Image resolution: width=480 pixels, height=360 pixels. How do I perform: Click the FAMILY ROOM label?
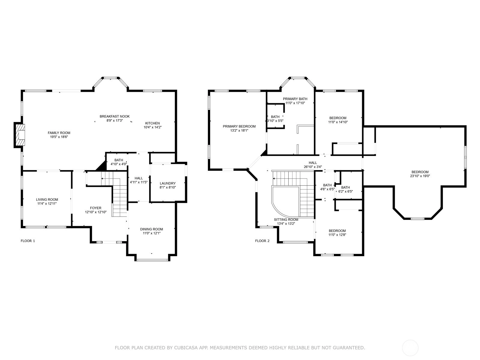click(x=59, y=133)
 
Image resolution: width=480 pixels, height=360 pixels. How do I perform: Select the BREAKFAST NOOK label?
click(x=115, y=116)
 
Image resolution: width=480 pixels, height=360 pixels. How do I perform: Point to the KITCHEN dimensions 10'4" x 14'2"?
click(x=152, y=127)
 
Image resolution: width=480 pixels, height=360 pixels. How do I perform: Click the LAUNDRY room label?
click(x=167, y=183)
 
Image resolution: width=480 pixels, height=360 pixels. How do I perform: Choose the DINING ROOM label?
click(x=151, y=229)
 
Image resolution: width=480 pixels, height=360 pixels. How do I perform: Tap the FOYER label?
click(x=96, y=208)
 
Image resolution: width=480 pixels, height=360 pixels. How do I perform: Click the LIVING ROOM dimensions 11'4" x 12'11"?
click(x=47, y=203)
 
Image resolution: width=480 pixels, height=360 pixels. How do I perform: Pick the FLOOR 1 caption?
click(x=28, y=241)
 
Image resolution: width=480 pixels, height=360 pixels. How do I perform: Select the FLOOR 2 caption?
click(x=262, y=241)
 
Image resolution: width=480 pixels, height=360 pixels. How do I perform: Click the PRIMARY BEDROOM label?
click(x=239, y=126)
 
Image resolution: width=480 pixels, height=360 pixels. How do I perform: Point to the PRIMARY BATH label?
click(x=295, y=99)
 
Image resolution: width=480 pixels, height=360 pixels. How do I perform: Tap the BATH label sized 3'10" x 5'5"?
click(x=275, y=117)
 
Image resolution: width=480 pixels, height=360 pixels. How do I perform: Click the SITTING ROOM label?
click(x=286, y=220)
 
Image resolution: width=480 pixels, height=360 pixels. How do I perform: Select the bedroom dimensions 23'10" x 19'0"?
click(x=420, y=176)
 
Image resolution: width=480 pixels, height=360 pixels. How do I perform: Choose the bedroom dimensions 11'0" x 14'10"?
click(x=338, y=122)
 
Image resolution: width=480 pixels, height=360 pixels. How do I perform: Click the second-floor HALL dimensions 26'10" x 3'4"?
click(x=313, y=166)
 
